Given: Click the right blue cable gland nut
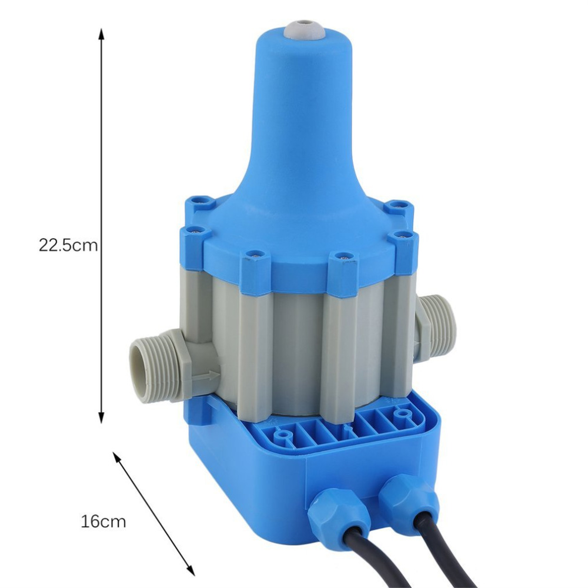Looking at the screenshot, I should pyautogui.click(x=407, y=497).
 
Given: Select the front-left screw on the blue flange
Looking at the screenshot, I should pyautogui.click(x=253, y=256).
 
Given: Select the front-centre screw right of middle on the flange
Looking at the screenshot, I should pyautogui.click(x=343, y=256).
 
